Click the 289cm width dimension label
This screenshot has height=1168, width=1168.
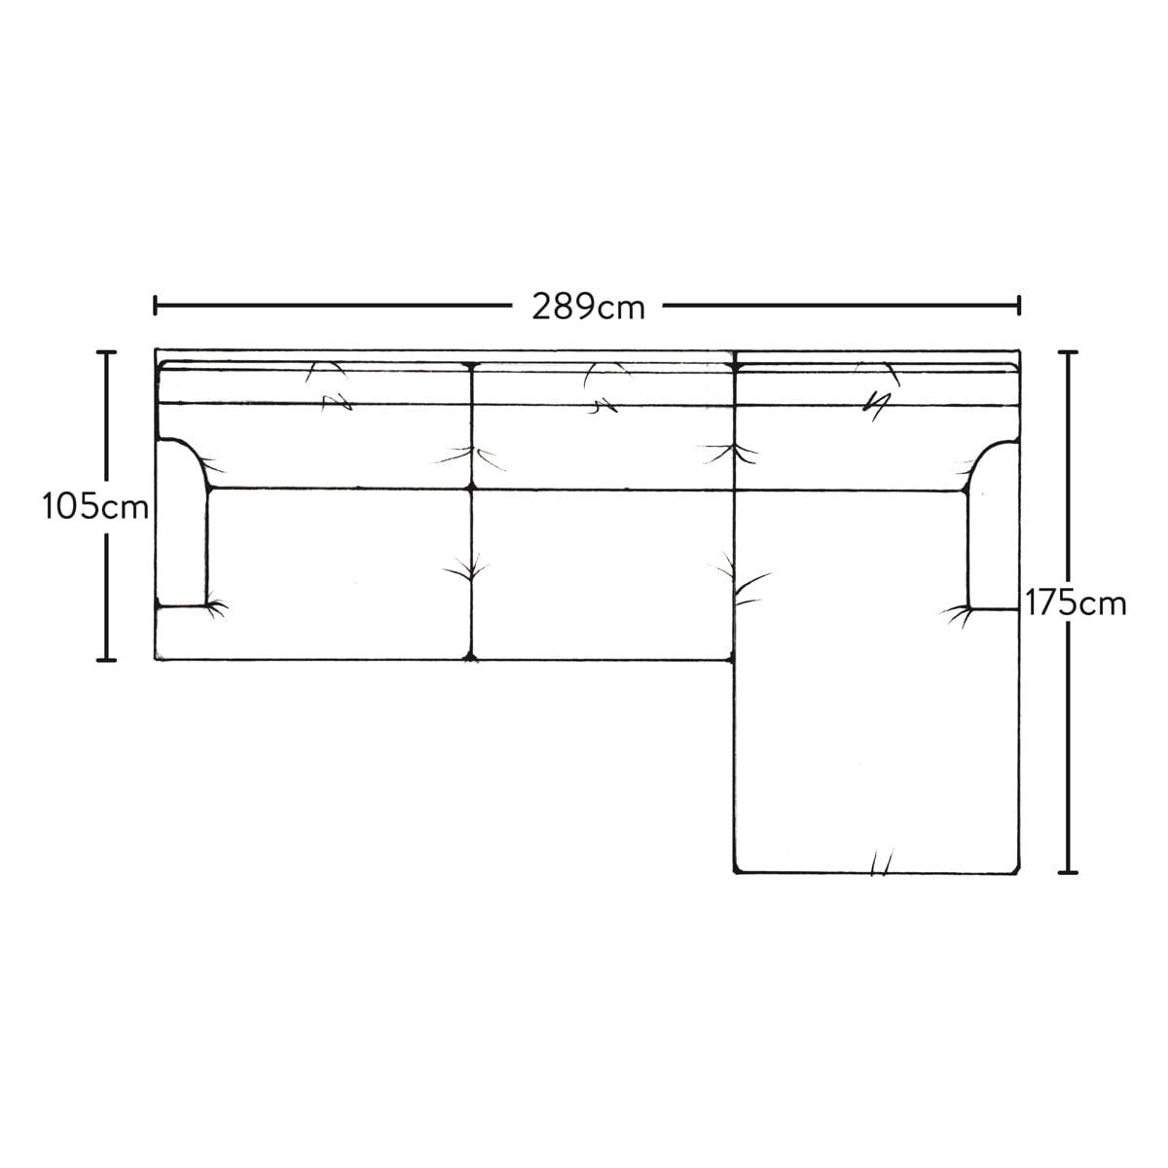pyautogui.click(x=588, y=307)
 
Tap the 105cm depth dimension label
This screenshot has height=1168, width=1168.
pyautogui.click(x=95, y=507)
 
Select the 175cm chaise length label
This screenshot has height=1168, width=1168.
pyautogui.click(x=1076, y=603)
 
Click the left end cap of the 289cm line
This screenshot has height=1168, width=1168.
pyautogui.click(x=156, y=306)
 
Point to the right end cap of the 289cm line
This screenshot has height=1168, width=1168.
pyautogui.click(x=1019, y=306)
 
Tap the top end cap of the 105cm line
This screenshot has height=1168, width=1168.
pyautogui.click(x=106, y=352)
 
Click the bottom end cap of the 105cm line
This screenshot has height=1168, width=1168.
pyautogui.click(x=106, y=660)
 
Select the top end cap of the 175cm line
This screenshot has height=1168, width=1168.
pyautogui.click(x=1068, y=352)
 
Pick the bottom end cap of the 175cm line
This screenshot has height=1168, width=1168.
pyautogui.click(x=1068, y=873)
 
